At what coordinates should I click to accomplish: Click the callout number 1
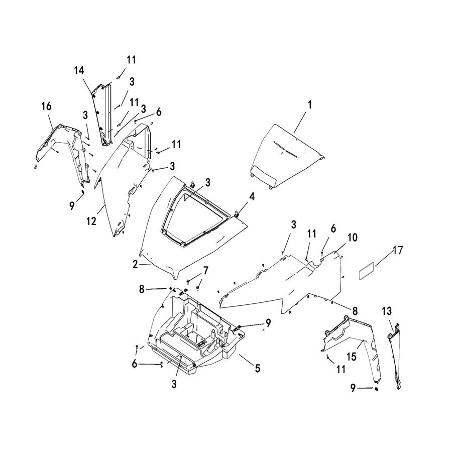(x=310, y=105)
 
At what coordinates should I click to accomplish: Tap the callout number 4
(x=252, y=196)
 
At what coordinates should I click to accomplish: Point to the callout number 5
(x=257, y=368)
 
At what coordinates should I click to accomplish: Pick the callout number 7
(x=205, y=271)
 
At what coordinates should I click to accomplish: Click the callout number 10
(x=352, y=238)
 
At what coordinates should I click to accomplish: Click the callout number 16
(x=46, y=106)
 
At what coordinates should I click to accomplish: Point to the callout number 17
(x=397, y=249)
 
